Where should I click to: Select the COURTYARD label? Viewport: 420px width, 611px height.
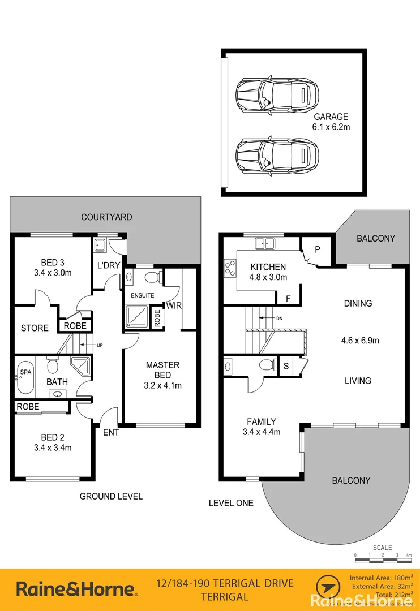pyautogui.click(x=106, y=217)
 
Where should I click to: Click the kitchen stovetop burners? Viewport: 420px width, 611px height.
pyautogui.click(x=230, y=268)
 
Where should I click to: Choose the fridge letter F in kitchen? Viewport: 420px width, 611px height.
pyautogui.click(x=288, y=298)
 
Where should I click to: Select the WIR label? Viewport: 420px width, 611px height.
pyautogui.click(x=173, y=306)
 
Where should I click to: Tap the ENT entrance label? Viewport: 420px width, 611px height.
pyautogui.click(x=110, y=433)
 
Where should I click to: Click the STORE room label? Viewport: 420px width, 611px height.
pyautogui.click(x=35, y=328)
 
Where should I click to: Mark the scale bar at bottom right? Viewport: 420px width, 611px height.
pyautogui.click(x=382, y=559)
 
